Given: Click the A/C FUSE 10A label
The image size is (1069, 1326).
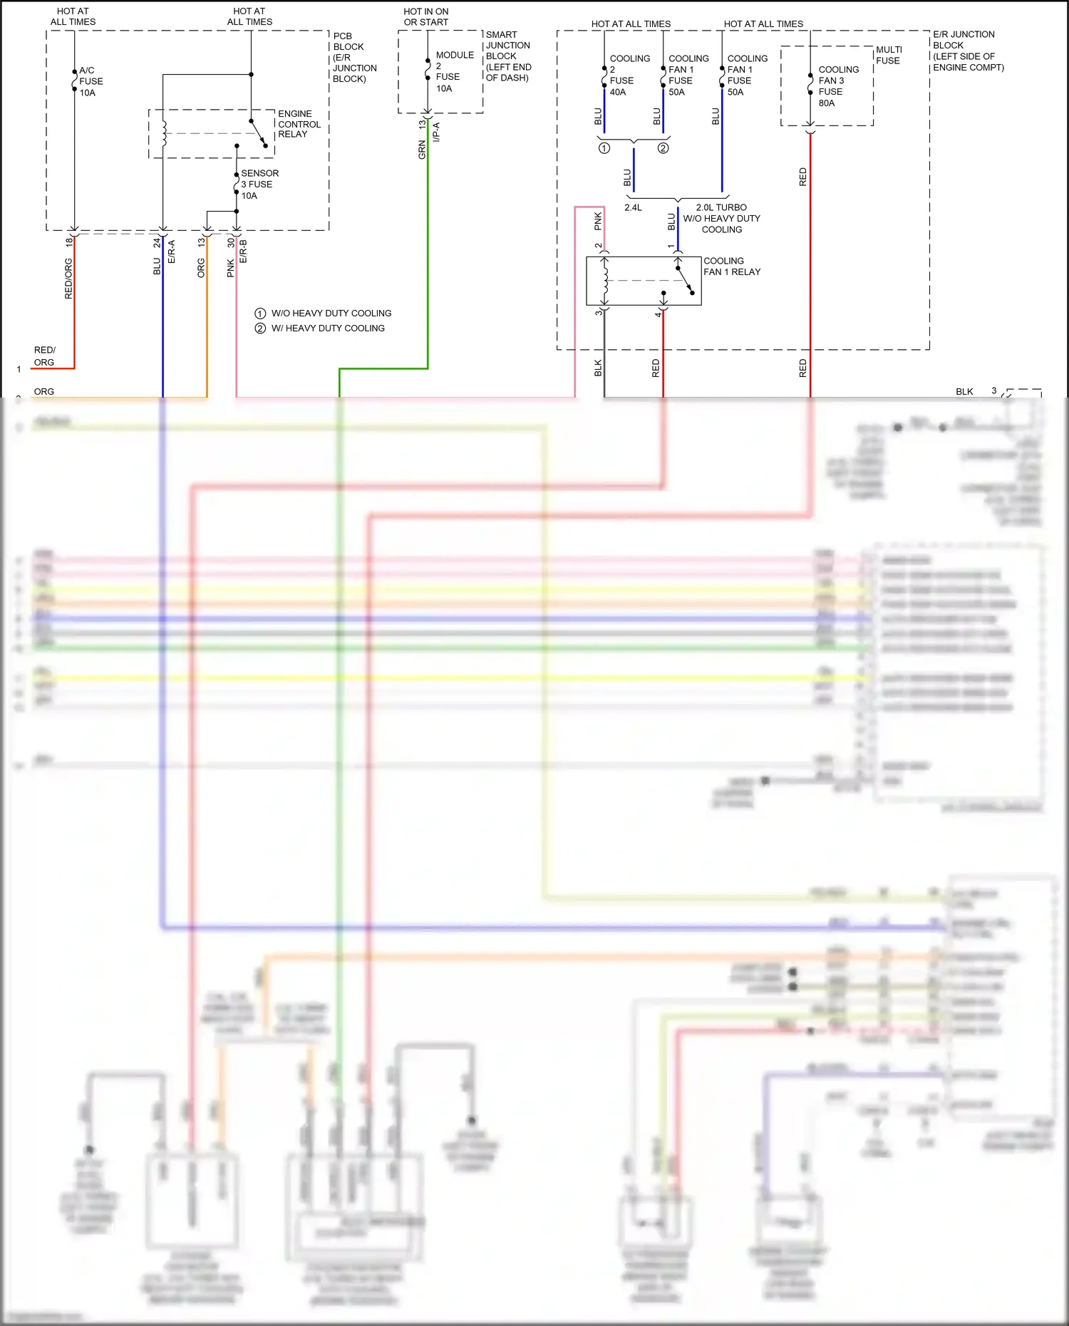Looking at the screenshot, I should (91, 81).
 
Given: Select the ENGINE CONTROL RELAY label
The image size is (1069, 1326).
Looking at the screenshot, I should (299, 124).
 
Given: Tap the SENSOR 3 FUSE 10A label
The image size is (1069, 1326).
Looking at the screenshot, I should (259, 184).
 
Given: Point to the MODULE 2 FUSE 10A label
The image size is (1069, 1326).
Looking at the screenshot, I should (453, 71).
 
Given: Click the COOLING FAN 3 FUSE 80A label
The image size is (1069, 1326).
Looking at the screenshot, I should (837, 86).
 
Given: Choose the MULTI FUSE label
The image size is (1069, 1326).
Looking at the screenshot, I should (888, 55).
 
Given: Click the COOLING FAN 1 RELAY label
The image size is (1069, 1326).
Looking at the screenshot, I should (731, 266).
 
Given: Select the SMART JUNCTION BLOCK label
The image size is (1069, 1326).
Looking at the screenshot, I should (507, 56).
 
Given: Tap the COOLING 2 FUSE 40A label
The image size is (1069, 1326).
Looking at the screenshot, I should (629, 75).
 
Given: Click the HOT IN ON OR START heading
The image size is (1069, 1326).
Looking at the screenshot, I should (425, 16).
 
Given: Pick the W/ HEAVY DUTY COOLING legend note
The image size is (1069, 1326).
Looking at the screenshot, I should (327, 328).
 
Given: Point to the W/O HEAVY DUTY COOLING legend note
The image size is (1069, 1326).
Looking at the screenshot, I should (331, 314).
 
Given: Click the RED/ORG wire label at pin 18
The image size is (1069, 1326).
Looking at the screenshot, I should (68, 278).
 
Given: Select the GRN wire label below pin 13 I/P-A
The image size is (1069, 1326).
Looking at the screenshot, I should (422, 150).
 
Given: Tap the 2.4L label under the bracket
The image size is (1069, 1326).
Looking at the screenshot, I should (633, 208).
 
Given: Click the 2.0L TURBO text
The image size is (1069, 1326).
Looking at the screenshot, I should (721, 207).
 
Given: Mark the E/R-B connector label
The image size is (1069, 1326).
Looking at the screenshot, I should (243, 252).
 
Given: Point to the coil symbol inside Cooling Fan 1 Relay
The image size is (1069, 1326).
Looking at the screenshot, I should (605, 280).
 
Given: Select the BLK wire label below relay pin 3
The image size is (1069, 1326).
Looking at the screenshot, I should (598, 368).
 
